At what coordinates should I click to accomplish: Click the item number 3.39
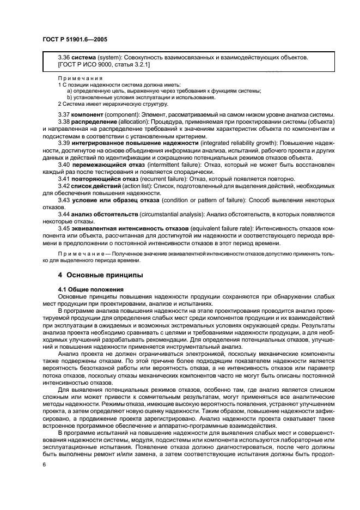pyautogui.click(x=64, y=142)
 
